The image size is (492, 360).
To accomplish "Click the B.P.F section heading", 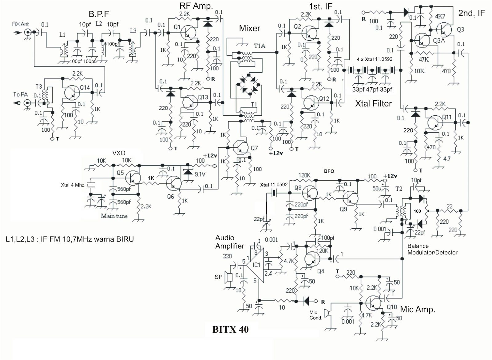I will [99, 14].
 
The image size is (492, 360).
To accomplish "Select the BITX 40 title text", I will [230, 330].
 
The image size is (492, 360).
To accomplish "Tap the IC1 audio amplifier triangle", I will [256, 265].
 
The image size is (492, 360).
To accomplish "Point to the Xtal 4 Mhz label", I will [73, 185].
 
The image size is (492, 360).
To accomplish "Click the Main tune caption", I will [114, 216].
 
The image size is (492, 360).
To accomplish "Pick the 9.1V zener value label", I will [200, 174].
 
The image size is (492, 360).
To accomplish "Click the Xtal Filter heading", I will [373, 104].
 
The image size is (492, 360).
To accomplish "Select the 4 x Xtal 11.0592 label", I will [375, 59].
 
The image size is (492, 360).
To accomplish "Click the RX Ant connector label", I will [20, 24].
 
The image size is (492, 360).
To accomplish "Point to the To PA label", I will [20, 94].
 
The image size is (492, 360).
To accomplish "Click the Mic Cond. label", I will [315, 315].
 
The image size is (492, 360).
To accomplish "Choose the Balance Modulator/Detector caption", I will [432, 249].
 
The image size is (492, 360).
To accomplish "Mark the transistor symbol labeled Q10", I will [374, 303].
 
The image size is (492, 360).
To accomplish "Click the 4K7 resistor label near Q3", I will [440, 16].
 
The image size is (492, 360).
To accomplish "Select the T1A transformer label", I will [259, 46].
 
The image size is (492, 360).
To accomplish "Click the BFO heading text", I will [329, 171].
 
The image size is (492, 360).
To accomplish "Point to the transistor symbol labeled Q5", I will [133, 178].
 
